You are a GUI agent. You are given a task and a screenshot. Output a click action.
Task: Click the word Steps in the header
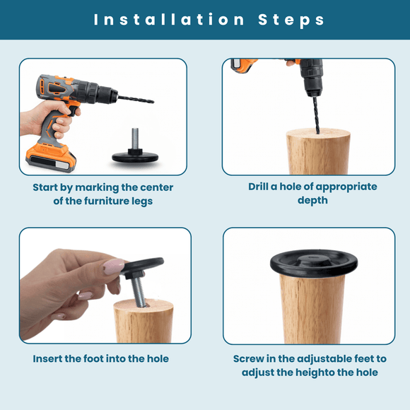click(x=291, y=19)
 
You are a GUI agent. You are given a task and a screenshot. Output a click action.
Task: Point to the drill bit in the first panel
click(x=135, y=99)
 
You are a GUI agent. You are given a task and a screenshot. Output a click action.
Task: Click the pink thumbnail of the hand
click(x=114, y=266)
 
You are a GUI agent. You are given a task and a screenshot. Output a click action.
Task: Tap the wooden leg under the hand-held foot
click(x=143, y=322)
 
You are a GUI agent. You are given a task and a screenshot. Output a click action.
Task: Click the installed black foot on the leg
click(x=308, y=263)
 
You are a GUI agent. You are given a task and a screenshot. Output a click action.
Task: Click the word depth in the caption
click(x=312, y=201)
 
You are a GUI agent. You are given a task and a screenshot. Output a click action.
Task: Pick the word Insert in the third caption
click(x=49, y=358)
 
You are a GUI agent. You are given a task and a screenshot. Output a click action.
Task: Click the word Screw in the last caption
click(x=250, y=358)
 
